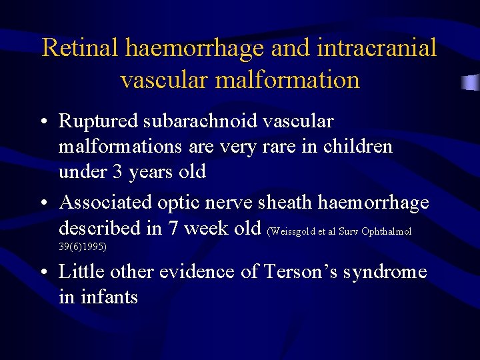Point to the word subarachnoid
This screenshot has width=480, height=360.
point(204,122)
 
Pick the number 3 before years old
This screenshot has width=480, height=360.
point(117,172)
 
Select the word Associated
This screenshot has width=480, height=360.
point(105,202)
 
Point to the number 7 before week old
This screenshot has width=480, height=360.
point(172,227)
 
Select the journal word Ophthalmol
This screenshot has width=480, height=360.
point(386,232)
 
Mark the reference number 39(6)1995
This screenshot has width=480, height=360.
point(83,247)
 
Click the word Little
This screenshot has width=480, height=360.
point(82,272)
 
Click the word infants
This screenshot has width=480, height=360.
point(108,297)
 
